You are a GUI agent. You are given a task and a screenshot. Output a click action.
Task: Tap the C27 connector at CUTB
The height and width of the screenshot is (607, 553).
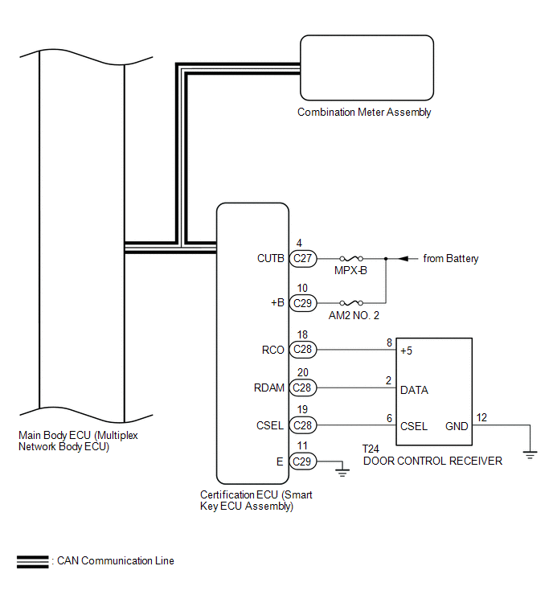pos(303,258)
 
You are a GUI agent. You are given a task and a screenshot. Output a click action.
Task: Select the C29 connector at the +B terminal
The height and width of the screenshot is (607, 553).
pos(303,303)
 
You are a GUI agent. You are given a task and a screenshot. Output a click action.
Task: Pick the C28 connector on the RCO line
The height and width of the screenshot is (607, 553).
pos(303,350)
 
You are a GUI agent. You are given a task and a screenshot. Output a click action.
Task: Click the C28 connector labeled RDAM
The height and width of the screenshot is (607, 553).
pos(303,388)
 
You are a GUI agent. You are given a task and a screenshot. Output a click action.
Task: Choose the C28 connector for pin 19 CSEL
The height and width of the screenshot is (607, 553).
pos(303,425)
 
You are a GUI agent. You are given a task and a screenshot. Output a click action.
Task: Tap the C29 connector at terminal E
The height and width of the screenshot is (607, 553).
pos(303,461)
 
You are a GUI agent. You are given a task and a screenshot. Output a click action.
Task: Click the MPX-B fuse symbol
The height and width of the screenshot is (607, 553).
pos(351,258)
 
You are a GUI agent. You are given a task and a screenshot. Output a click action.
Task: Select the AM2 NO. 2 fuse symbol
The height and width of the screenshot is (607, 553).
pos(351,303)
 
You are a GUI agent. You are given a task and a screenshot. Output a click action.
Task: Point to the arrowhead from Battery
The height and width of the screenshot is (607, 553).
pos(403,258)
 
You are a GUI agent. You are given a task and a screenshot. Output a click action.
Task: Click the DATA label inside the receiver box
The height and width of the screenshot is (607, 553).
pos(414,390)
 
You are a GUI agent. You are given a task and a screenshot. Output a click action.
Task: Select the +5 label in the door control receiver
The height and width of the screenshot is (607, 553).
pos(407,351)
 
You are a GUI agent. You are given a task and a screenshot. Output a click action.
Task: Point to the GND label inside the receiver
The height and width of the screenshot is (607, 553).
pos(457,426)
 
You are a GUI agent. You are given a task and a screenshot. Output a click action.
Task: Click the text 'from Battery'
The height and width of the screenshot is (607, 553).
pos(451,259)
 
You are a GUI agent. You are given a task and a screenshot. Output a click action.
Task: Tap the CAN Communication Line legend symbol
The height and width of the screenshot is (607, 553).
pos(32,562)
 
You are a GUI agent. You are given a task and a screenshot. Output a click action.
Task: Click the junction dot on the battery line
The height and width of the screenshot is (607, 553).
pos(386,258)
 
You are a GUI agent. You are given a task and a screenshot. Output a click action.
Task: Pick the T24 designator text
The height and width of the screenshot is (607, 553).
pos(371,449)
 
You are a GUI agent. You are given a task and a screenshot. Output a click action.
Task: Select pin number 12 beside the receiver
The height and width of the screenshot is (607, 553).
pos(481,417)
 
